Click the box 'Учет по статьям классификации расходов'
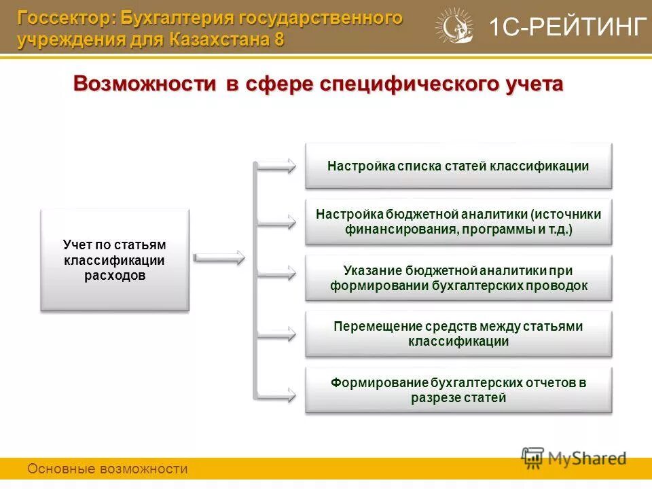coord(115,259)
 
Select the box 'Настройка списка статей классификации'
coord(458,166)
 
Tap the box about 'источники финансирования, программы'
coord(458,222)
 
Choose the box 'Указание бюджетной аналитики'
coord(458,278)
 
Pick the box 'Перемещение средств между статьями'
coord(458,334)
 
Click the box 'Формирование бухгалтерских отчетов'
coord(458,390)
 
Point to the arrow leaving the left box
coord(219,257)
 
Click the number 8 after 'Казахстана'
coord(279,39)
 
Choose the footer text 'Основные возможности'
coord(107,469)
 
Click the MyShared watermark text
coord(587,458)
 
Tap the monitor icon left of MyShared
coord(533,457)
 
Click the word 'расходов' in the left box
coord(115,275)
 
